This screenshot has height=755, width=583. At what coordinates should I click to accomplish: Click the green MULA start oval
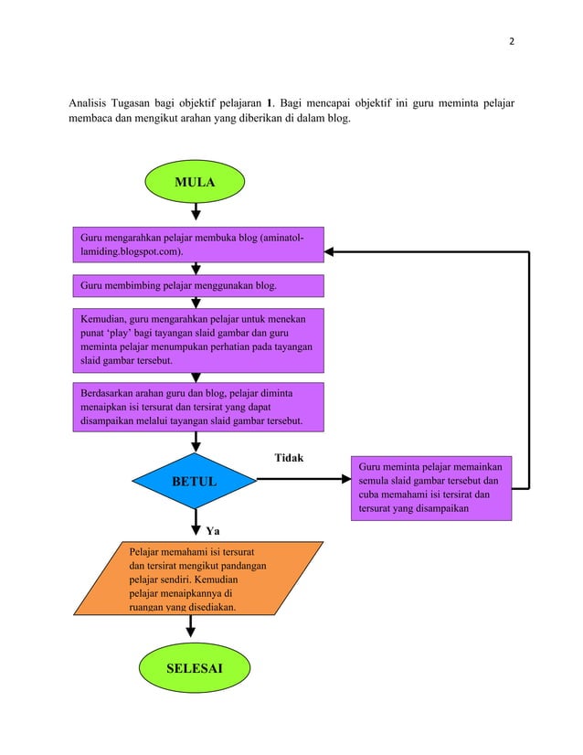coord(195,183)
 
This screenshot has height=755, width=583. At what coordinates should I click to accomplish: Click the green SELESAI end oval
coord(195,669)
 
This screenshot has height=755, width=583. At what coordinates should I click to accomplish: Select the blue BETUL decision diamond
coord(195,481)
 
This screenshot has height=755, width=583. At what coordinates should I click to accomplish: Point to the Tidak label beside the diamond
coord(289,457)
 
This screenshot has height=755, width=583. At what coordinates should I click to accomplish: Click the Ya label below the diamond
coord(212,529)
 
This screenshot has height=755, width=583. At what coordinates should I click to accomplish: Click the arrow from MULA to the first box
coord(196,213)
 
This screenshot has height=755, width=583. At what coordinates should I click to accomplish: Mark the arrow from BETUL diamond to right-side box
coord(302,481)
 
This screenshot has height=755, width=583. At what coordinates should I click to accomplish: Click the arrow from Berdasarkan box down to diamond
coord(196,441)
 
